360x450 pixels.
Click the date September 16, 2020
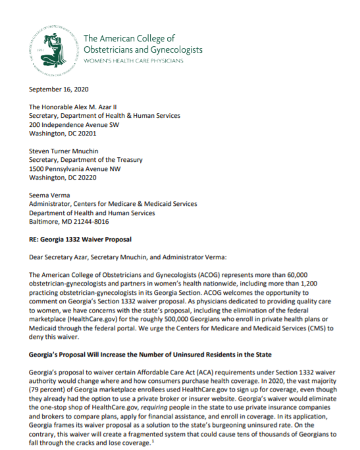click(x=59, y=90)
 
